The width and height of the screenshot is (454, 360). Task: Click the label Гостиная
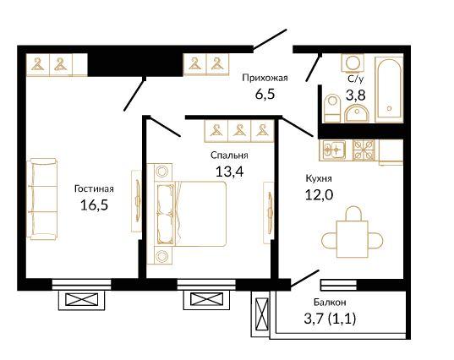tap(94, 189)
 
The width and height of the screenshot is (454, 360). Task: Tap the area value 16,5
tap(94, 205)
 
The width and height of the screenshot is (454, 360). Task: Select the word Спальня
tap(229, 155)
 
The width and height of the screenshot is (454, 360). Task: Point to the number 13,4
tap(230, 172)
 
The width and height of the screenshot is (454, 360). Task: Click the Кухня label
tap(319, 178)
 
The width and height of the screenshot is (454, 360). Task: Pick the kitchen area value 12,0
tap(319, 194)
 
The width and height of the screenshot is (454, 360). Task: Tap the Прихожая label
tap(265, 78)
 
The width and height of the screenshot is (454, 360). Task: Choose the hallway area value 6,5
tap(265, 95)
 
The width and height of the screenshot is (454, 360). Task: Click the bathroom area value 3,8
tap(356, 95)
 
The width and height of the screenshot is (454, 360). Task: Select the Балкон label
tap(330, 303)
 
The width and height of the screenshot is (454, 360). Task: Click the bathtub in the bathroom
tap(389, 90)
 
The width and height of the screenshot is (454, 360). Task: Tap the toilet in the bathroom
tap(331, 108)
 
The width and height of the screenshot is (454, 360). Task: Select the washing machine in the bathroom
tap(353, 63)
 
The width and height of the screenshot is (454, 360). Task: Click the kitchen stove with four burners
tap(364, 150)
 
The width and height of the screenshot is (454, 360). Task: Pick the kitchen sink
tap(334, 150)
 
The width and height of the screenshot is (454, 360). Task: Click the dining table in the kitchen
tap(352, 239)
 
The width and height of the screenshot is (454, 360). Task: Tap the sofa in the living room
tap(43, 199)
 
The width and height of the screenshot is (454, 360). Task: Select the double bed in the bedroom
tap(191, 214)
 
